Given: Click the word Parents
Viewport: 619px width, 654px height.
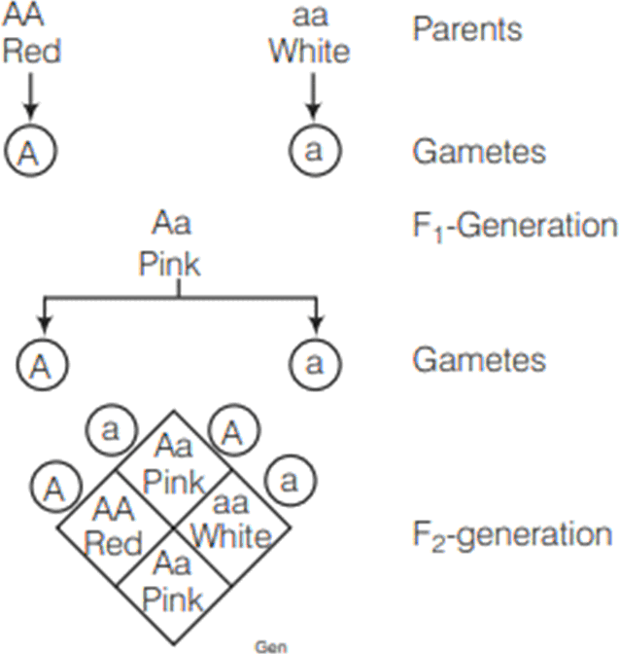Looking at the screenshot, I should click(x=466, y=29).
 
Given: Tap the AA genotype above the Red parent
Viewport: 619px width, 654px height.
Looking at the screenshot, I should click(x=31, y=17).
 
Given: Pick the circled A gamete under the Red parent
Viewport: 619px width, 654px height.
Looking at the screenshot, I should click(x=31, y=153).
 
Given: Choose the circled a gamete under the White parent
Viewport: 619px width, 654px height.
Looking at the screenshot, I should click(x=311, y=153).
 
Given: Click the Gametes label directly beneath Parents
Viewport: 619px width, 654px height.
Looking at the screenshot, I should click(x=478, y=153).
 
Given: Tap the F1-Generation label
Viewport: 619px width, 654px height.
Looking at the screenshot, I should click(x=514, y=227).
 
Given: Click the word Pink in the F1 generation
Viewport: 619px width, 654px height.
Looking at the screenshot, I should click(x=170, y=265).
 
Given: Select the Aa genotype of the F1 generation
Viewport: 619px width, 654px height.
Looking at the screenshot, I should click(x=170, y=227).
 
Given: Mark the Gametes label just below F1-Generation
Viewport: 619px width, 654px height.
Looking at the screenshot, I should click(x=478, y=360).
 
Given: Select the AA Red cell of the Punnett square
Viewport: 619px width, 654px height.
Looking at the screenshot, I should click(x=115, y=527).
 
